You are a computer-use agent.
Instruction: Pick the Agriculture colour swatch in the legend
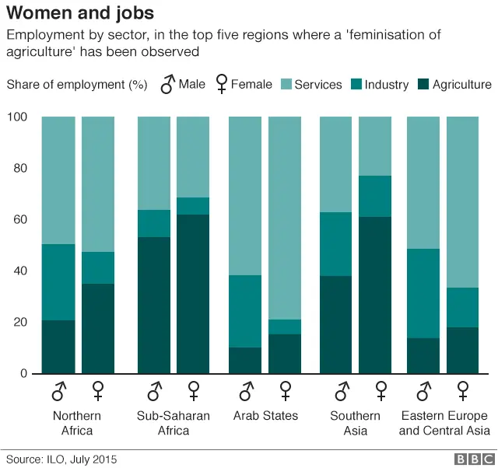tap(424, 84)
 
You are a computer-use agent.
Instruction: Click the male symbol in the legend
tap(167, 84)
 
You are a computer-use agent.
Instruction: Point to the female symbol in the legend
tap(221, 85)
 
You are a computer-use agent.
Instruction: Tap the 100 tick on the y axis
tap(18, 117)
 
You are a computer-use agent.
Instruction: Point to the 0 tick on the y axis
tap(24, 374)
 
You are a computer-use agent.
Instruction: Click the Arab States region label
tap(265, 416)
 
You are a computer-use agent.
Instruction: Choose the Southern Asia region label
tap(355, 423)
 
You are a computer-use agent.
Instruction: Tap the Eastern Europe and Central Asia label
tap(444, 423)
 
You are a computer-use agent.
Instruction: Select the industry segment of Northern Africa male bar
tap(58, 282)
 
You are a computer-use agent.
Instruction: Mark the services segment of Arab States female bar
tap(285, 218)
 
